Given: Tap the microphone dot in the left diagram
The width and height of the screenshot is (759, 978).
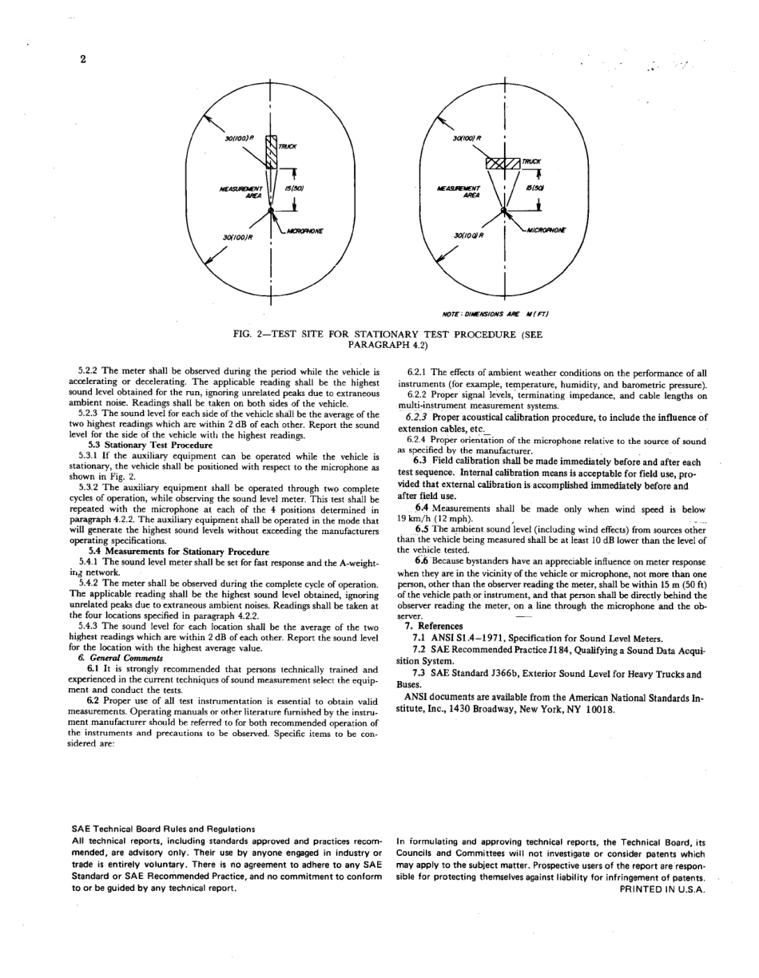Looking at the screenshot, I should pos(271,210).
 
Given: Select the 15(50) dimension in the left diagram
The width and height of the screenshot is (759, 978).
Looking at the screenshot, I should pos(295,188).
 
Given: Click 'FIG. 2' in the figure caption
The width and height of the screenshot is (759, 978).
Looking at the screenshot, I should pos(248,335).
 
